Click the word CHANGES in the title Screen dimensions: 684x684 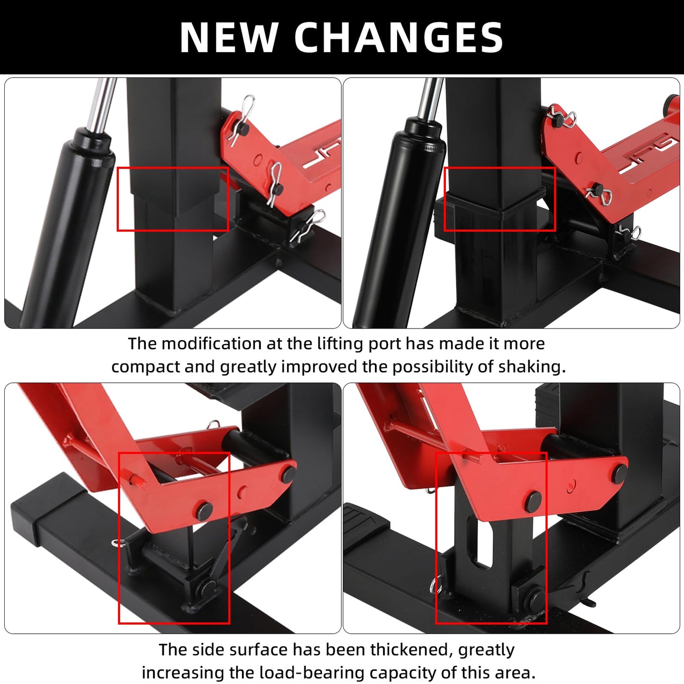coord(399,37)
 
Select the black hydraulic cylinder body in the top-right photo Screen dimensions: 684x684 coord(400,220)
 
